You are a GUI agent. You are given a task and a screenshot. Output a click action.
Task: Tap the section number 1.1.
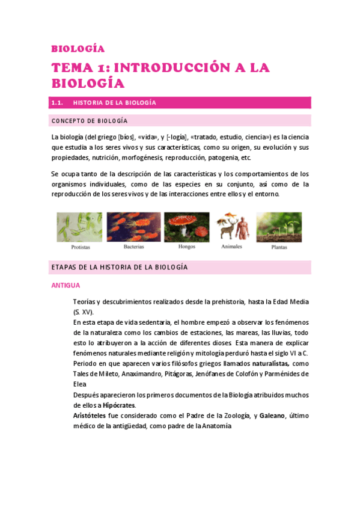pyautogui.click(x=58, y=103)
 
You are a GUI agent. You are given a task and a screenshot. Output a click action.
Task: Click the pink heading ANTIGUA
pyautogui.click(x=66, y=286)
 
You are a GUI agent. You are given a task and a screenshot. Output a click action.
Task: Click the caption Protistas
pyautogui.click(x=81, y=247)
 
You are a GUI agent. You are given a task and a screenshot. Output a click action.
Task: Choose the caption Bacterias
pyautogui.click(x=134, y=247)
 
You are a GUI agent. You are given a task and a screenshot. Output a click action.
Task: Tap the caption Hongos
pyautogui.click(x=187, y=247)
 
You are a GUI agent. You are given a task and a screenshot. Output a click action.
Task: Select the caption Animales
pyautogui.click(x=232, y=246)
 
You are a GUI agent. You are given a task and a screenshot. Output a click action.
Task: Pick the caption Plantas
pyautogui.click(x=279, y=247)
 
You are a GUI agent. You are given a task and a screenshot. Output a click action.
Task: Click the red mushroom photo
pyautogui.click(x=187, y=227)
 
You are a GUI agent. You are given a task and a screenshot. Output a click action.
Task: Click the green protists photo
pyautogui.click(x=79, y=227)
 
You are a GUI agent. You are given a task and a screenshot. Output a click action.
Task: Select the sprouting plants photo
pyautogui.click(x=279, y=226)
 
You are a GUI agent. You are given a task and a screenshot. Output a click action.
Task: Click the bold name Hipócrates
pyautogui.click(x=103, y=405)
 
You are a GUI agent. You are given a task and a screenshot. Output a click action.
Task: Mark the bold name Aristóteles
pyautogui.click(x=92, y=416)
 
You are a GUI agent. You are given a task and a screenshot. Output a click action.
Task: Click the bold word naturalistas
pyautogui.click(x=270, y=364)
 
